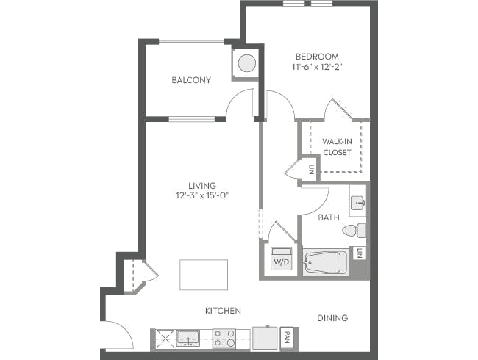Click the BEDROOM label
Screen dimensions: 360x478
[316, 57]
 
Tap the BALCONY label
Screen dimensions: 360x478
[191, 80]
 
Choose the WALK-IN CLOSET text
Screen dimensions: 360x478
[336, 146]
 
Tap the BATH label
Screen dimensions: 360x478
[328, 217]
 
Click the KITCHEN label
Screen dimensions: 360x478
[223, 311]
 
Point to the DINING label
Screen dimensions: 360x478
[332, 318]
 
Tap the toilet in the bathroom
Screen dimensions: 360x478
[357, 231]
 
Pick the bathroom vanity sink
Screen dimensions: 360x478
[357, 201]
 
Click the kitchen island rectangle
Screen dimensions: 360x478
[204, 276]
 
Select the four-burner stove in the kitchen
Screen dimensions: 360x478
[224, 339]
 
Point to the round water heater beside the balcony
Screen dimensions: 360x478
[246, 63]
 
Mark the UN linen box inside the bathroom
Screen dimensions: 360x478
[359, 253]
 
